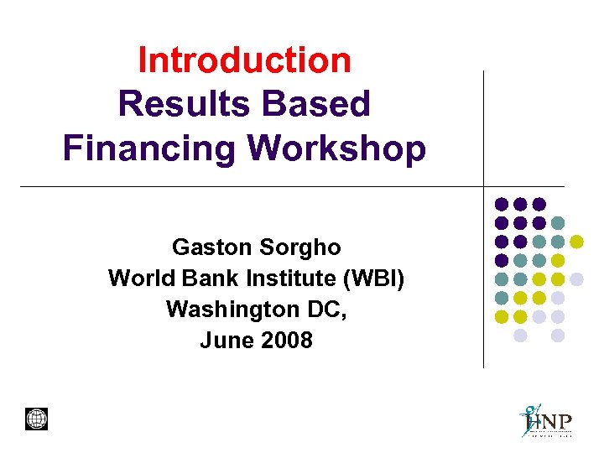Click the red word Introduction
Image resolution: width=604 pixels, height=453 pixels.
pos(244,60)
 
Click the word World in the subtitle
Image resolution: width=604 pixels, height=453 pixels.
pos(138,279)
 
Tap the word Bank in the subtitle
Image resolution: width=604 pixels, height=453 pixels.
pos(198,279)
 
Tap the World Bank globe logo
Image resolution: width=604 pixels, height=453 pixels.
pos(37,419)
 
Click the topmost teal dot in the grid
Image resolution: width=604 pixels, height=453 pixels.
pos(558,223)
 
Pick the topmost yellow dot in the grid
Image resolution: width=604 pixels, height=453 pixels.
pos(576,242)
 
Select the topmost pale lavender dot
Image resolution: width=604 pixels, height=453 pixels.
pos(576,279)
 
